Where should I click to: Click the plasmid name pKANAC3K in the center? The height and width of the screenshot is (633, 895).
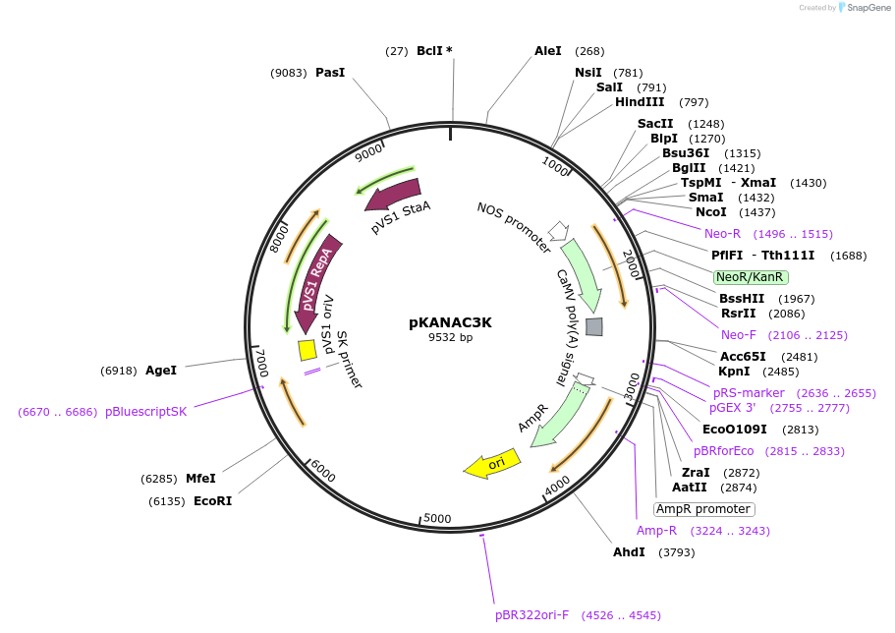(x=450, y=322)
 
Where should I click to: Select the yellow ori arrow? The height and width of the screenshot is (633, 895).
(x=492, y=464)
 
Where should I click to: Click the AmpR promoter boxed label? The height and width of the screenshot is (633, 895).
(x=703, y=509)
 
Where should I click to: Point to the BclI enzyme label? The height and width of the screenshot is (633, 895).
(x=429, y=51)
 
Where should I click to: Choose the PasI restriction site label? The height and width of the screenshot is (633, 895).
(x=330, y=73)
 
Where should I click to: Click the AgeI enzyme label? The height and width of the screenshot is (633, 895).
(x=161, y=371)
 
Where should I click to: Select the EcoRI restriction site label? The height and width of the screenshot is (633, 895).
(x=212, y=501)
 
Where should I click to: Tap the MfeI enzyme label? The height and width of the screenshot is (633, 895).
(x=200, y=479)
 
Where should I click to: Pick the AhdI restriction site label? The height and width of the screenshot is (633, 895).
(x=629, y=552)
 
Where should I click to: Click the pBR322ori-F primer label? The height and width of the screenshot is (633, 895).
(x=531, y=615)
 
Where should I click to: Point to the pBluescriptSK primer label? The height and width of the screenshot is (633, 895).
(x=145, y=412)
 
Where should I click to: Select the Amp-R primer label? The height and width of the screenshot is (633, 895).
(x=656, y=531)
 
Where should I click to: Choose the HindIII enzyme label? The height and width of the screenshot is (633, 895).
(x=640, y=102)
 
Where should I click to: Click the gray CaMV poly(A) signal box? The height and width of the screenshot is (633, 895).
(x=593, y=326)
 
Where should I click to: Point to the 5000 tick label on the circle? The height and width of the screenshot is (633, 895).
(x=437, y=518)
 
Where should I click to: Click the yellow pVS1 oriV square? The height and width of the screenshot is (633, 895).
(x=307, y=349)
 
